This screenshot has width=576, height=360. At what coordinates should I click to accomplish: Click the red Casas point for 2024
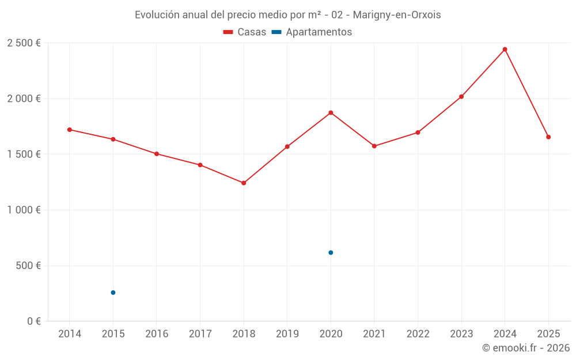tap(505, 50)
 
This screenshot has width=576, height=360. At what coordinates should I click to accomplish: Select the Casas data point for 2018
tap(244, 183)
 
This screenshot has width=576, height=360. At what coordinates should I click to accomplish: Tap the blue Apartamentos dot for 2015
tap(113, 293)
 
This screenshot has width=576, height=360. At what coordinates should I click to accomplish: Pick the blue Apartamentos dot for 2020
tap(331, 253)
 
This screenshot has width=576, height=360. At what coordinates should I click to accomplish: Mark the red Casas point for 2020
tap(331, 113)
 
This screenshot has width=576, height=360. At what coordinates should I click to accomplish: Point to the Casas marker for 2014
tap(70, 130)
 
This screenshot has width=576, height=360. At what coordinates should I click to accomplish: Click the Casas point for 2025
tap(548, 137)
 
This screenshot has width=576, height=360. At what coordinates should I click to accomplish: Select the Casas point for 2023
tap(461, 97)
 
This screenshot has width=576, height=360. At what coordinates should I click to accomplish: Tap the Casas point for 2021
tap(374, 146)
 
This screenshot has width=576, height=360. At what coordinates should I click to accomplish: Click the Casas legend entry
tap(245, 32)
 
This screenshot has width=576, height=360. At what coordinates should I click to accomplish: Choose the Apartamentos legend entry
tap(312, 32)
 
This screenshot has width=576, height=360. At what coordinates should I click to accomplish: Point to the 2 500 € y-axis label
tap(24, 43)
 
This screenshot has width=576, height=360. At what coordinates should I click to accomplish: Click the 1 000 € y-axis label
tap(24, 210)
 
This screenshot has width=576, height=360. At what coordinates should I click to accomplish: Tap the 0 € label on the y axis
tap(34, 321)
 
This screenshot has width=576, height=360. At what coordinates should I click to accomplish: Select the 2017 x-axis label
tap(200, 334)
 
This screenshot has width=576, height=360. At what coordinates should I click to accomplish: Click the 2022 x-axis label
tap(418, 334)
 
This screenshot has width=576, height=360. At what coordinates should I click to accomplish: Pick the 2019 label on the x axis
tap(287, 334)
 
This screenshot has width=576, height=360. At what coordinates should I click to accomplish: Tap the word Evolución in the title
tap(156, 15)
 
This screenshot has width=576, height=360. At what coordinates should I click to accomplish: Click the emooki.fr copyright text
tap(526, 348)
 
